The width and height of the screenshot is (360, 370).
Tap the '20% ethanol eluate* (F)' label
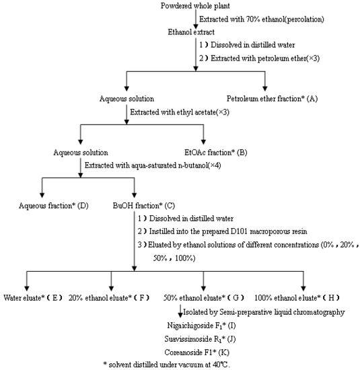[109, 297]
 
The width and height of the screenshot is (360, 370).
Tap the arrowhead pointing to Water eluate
[27, 287]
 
